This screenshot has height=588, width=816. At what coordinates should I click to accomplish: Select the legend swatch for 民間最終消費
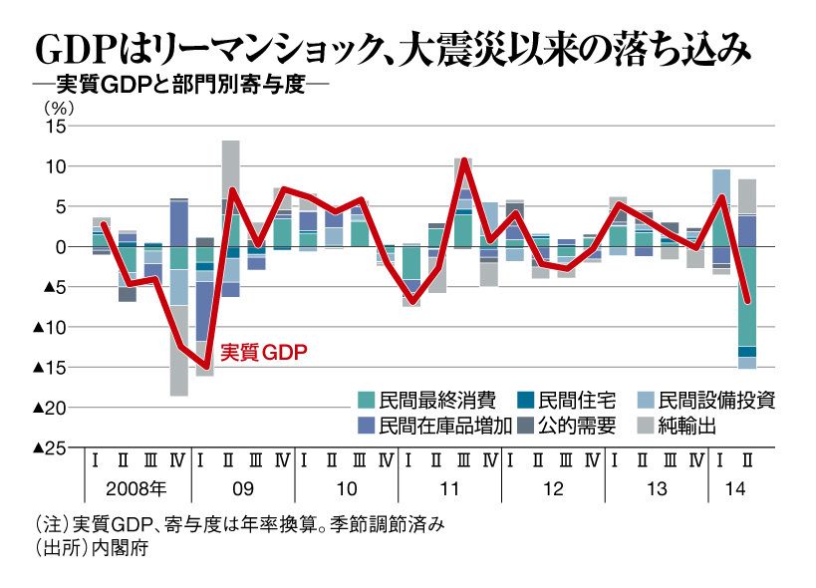tap(367, 400)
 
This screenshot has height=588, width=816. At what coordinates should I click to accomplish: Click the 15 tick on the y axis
tap(53, 126)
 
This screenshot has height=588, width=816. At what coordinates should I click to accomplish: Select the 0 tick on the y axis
tap(59, 247)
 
